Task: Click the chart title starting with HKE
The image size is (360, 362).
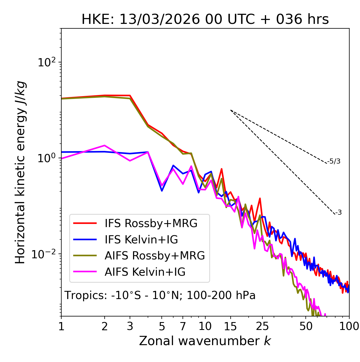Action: [205, 20]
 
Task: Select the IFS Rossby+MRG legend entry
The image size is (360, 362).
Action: [151, 223]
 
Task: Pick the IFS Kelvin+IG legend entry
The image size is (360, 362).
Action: [141, 240]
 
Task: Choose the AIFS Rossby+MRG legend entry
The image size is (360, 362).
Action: [154, 256]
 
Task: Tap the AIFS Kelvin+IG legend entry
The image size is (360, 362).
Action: [145, 272]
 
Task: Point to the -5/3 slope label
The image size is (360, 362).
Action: [334, 162]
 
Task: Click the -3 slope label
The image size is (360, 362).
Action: [339, 213]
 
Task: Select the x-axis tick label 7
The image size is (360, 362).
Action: [183, 326]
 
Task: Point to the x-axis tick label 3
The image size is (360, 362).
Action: [130, 326]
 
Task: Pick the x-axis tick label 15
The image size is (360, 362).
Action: [230, 326]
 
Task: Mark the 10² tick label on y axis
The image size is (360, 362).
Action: [47, 62]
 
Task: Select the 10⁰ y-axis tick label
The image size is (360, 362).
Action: [47, 158]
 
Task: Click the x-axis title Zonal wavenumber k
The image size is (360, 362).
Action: [205, 341]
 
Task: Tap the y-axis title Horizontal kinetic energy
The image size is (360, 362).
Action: [20, 173]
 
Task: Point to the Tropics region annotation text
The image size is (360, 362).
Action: [160, 295]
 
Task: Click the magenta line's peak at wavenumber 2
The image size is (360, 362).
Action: [105, 146]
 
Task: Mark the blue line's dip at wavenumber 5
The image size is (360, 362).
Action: [162, 191]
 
